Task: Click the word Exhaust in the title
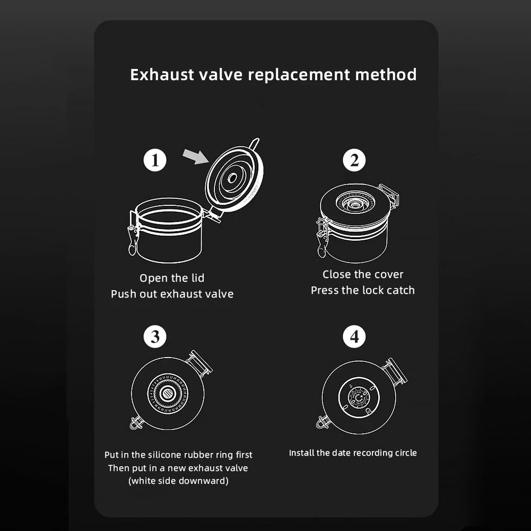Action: coord(162,75)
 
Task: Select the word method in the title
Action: coord(386,75)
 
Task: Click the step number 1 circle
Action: coord(155,160)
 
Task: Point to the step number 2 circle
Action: coord(354,160)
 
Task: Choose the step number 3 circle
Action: coord(155,337)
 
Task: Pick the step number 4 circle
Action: coord(354,337)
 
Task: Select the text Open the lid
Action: coord(172,278)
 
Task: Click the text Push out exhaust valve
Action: coord(172,294)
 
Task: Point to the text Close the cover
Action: coord(363,274)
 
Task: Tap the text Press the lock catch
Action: coord(363,290)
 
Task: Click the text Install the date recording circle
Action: coord(353,453)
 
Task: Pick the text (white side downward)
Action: coord(178,481)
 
